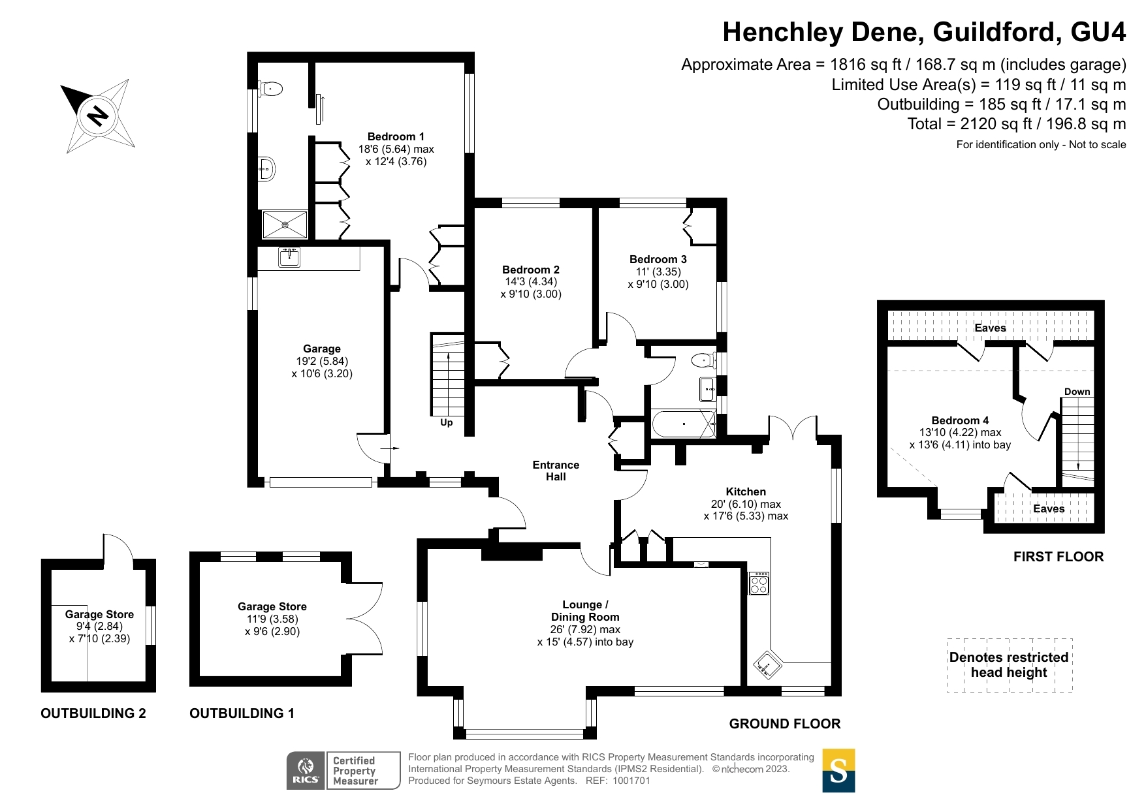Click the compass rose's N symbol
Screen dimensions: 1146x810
98,116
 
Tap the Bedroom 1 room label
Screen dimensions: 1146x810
396,137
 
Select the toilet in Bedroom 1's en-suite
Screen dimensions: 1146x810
270,89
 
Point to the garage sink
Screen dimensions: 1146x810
289,257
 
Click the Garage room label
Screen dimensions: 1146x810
321,349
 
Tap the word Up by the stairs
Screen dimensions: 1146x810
447,422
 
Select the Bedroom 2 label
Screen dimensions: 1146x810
530,270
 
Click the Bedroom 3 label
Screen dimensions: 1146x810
658,259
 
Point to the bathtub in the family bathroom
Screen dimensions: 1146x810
682,424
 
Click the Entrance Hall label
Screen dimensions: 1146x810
556,471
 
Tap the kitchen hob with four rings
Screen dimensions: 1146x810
759,584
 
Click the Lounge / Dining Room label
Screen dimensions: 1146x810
585,611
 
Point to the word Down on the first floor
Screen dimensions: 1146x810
1077,392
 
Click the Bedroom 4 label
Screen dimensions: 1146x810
960,420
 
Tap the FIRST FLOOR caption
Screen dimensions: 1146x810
1058,557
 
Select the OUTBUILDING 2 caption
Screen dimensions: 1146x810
93,713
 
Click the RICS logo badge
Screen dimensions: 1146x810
306,770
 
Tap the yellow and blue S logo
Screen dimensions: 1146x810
838,770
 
